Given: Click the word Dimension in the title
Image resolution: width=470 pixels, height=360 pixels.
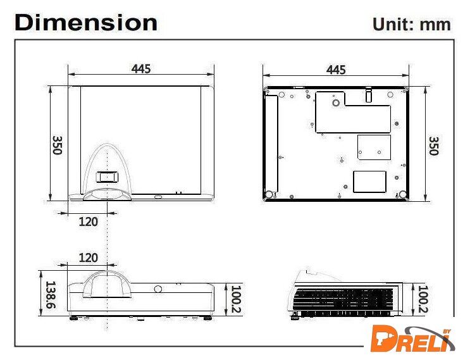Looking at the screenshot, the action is [86, 23].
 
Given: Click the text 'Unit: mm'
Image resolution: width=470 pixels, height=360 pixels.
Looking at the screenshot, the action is [412, 25].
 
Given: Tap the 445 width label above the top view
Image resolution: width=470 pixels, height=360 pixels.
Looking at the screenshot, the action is [141, 69].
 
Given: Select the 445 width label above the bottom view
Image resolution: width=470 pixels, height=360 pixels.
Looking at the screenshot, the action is [336, 70].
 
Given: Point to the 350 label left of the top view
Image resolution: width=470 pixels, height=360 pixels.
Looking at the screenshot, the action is [58, 145].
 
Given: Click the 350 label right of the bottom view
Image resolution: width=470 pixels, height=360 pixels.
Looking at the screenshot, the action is [434, 146].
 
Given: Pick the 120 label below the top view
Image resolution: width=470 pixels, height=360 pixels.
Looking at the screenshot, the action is [88, 222].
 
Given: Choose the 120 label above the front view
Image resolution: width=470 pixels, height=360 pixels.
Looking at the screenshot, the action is [88, 258].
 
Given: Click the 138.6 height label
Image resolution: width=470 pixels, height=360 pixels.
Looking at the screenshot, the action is [50, 295].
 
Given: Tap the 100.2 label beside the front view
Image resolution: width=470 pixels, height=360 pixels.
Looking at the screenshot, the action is [236, 299].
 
